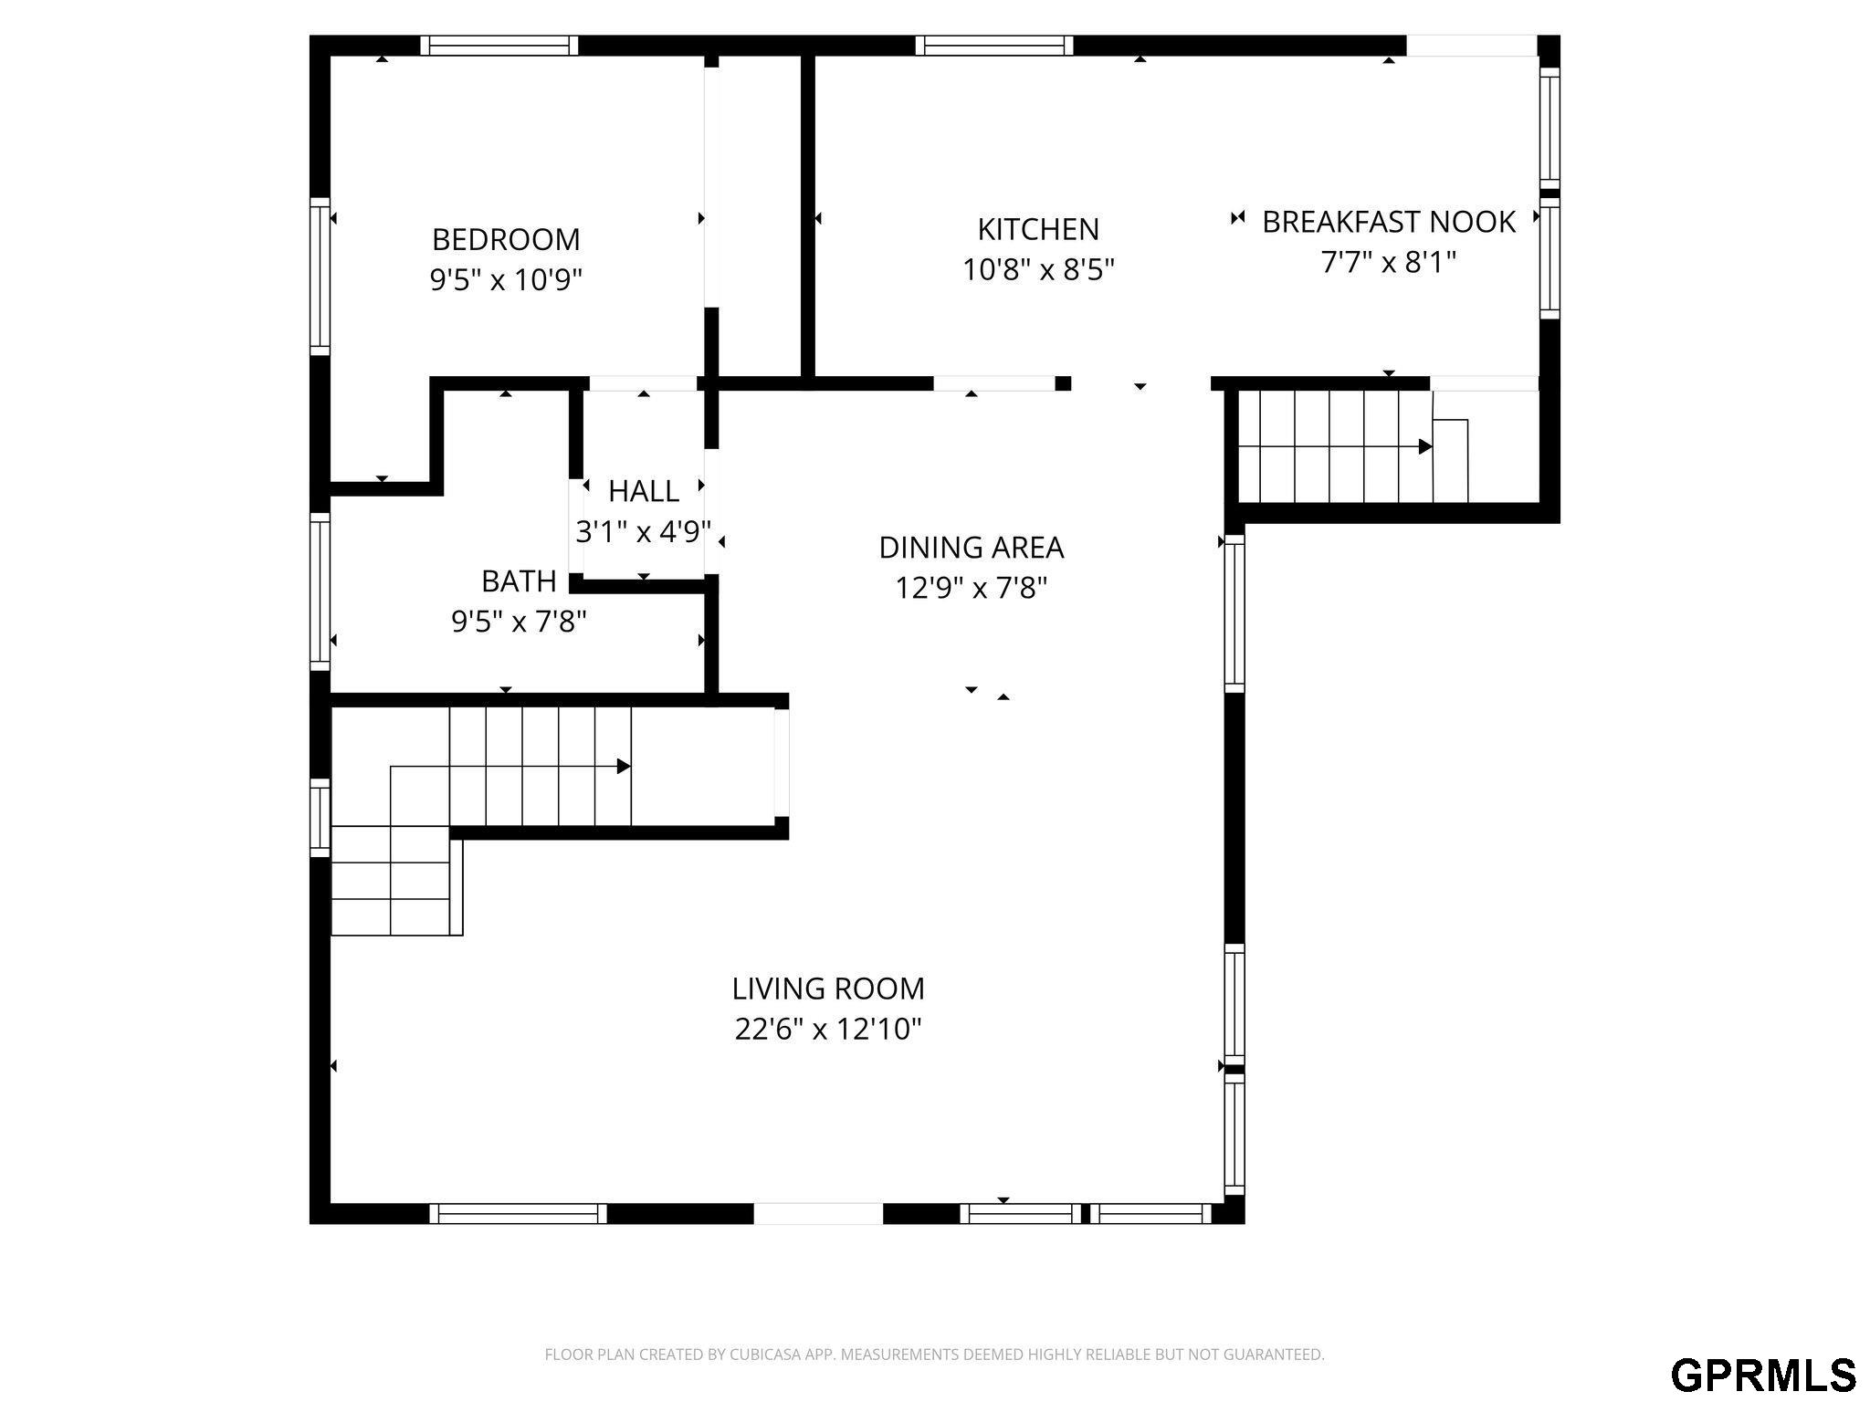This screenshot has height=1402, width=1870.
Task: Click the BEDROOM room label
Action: (x=506, y=239)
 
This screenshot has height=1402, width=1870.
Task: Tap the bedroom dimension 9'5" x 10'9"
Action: (x=506, y=279)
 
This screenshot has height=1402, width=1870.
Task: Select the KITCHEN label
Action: (x=1038, y=229)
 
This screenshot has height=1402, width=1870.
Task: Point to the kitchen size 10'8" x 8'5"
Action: (x=1038, y=269)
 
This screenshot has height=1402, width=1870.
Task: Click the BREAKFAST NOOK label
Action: (x=1389, y=222)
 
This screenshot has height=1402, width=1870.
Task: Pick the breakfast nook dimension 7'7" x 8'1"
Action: (x=1389, y=262)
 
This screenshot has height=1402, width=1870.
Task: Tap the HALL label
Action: (x=644, y=491)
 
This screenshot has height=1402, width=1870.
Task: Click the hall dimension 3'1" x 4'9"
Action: (x=644, y=531)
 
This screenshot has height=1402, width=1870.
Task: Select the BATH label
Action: (x=519, y=581)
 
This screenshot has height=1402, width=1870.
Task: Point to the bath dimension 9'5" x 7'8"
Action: (x=519, y=622)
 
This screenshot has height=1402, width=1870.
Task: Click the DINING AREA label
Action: (x=971, y=548)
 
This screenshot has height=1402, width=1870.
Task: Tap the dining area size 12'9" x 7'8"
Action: (x=971, y=588)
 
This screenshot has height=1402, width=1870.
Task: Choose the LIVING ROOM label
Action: (x=828, y=989)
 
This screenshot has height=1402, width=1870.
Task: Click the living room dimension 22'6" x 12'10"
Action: (x=828, y=1030)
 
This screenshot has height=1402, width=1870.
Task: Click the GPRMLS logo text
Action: (x=1763, y=1375)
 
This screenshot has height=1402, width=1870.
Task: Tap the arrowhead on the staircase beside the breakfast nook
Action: (x=1425, y=447)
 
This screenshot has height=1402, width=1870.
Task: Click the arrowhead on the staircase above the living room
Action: (x=625, y=767)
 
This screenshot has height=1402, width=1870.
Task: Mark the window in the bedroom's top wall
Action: (x=499, y=46)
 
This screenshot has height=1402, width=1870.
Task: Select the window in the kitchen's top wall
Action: (x=994, y=46)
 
